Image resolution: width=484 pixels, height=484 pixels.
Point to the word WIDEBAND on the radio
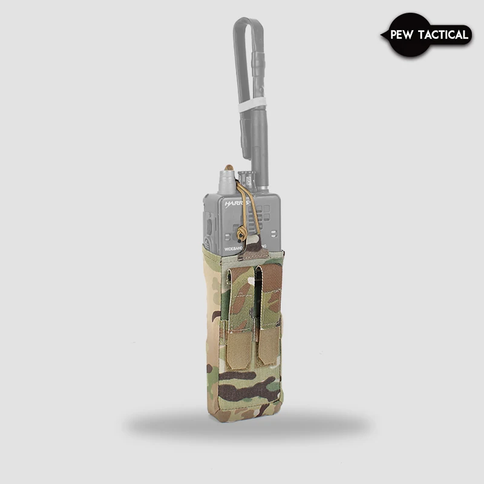click(x=221, y=249)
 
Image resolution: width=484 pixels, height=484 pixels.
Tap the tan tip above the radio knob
click(x=229, y=167)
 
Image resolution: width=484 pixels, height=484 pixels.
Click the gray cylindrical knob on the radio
click(x=227, y=182)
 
